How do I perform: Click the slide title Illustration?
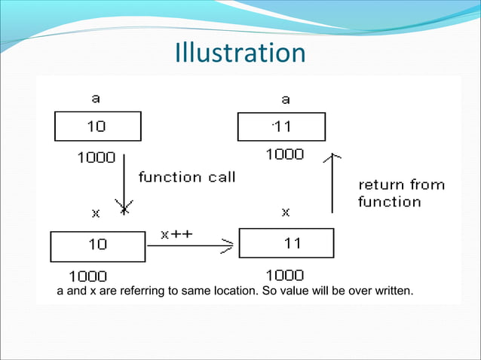pyautogui.click(x=240, y=53)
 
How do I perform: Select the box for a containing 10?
pyautogui.click(x=97, y=127)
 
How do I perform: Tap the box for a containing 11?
pyautogui.click(x=281, y=127)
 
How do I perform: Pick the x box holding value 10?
pyautogui.click(x=97, y=246)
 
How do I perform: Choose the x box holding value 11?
pyautogui.click(x=286, y=243)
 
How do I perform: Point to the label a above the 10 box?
pyautogui.click(x=96, y=98)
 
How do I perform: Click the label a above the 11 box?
pyautogui.click(x=285, y=99)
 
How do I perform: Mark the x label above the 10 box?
pyautogui.click(x=96, y=213)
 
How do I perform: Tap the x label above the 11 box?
pyautogui.click(x=286, y=212)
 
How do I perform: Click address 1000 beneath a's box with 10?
pyautogui.click(x=97, y=157)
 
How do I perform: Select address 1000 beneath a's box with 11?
pyautogui.click(x=285, y=154)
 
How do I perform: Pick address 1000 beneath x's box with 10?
pyautogui.click(x=88, y=276)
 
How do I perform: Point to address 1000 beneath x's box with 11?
pyautogui.click(x=285, y=275)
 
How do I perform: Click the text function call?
pyautogui.click(x=186, y=178)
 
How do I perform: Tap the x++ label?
pyautogui.click(x=177, y=233)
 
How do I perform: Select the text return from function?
pyautogui.click(x=400, y=193)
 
